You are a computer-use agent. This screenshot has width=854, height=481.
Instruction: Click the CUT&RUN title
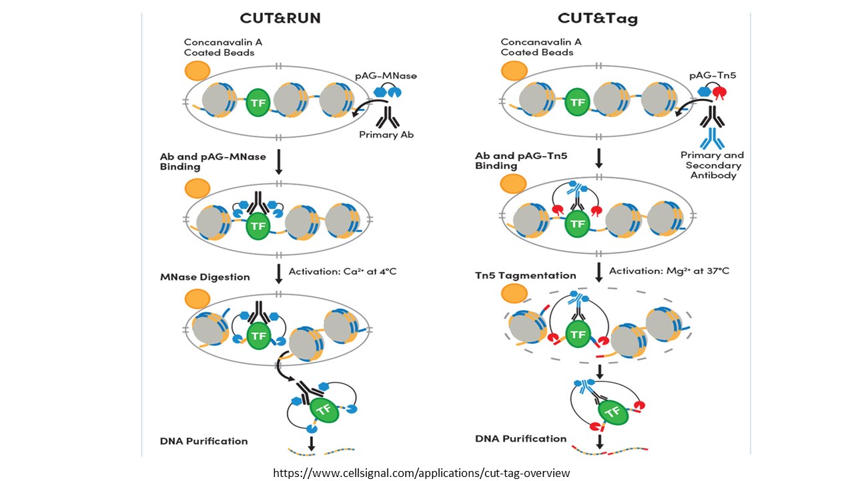point(280,18)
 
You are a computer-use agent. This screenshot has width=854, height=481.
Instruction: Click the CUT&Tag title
point(598,18)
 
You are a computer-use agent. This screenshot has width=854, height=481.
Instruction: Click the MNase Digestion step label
point(205,277)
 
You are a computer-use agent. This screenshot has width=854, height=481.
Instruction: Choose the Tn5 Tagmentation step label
point(526,275)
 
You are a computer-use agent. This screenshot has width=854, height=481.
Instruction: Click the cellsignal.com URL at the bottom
point(422,473)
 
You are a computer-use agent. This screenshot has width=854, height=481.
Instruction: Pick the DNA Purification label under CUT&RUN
point(203,441)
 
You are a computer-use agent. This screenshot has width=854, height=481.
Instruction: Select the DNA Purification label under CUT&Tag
point(521,439)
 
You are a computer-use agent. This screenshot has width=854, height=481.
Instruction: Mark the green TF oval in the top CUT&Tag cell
point(577,103)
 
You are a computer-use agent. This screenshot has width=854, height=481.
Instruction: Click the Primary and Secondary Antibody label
point(712,165)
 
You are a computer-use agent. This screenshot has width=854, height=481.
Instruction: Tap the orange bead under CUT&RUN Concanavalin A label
point(197,70)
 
